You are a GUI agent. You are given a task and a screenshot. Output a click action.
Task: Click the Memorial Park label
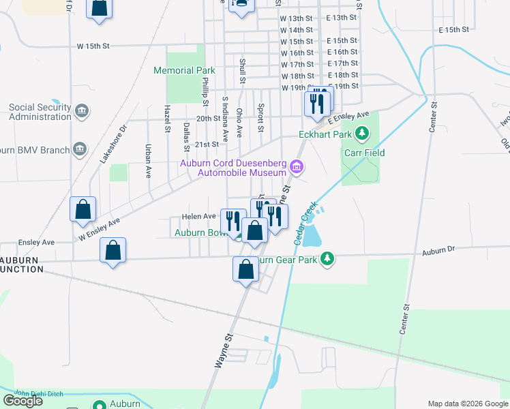pyautogui.click(x=184, y=70)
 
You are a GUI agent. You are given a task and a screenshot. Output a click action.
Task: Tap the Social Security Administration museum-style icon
pyautogui.click(x=81, y=110)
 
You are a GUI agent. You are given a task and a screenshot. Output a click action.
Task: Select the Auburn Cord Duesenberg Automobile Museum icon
pyautogui.click(x=296, y=166)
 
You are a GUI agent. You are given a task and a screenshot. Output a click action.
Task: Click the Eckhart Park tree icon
pyautogui.click(x=363, y=133)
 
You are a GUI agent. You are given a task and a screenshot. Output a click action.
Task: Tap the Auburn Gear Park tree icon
pyautogui.click(x=328, y=258)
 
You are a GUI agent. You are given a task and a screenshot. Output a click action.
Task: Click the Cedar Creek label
pyautogui.click(x=305, y=224)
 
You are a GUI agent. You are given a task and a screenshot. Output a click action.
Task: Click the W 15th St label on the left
pyautogui.click(x=93, y=46)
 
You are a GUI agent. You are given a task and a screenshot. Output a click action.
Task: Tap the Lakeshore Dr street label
pyautogui.click(x=113, y=144)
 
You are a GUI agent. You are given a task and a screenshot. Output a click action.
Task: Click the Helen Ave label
pyautogui.click(x=198, y=216)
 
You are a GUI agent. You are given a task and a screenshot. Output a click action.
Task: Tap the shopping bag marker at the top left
pyautogui.click(x=100, y=8)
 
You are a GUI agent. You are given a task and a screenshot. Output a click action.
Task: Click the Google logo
pyautogui.click(x=22, y=401)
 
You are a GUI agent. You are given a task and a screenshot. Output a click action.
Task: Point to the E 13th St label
pyautogui.click(x=342, y=18)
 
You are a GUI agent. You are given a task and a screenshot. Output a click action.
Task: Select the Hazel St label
pyautogui.click(x=167, y=119)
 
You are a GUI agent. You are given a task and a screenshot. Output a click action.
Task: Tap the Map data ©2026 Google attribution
pyautogui.click(x=468, y=404)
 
